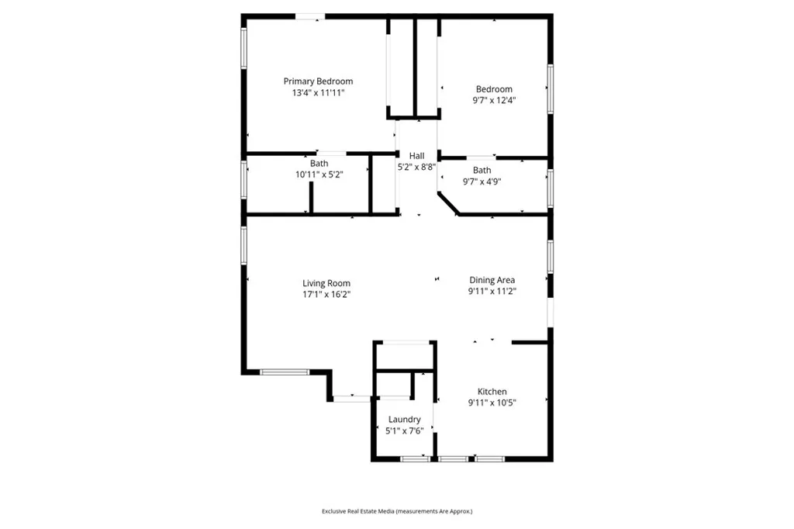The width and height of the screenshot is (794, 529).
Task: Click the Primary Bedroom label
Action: [318, 81]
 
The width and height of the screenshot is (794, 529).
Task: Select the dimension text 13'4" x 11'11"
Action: [318, 92]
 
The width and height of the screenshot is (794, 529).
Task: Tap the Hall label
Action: [417, 156]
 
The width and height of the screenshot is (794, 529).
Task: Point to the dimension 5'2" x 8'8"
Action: [417, 167]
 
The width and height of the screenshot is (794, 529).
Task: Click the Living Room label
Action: [326, 283]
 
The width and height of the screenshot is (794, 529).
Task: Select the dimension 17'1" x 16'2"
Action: [326, 294]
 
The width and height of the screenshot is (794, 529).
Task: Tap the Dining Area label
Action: [492, 280]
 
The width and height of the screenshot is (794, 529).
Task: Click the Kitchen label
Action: [492, 392]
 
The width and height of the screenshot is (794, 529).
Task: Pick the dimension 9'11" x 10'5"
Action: [492, 403]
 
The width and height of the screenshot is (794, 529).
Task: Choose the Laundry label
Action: [404, 420]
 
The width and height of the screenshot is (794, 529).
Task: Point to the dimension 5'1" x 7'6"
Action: [404, 430]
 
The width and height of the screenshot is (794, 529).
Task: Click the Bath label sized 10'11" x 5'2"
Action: [319, 164]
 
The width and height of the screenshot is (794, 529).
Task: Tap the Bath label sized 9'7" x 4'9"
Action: [482, 170]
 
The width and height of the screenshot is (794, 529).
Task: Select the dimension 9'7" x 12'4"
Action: [494, 100]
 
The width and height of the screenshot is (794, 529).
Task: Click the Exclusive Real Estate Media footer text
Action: [397, 511]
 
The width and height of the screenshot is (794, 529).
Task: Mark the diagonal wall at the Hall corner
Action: [448, 204]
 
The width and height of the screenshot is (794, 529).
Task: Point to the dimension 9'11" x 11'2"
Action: [492, 291]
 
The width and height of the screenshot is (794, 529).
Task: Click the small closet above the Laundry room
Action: [404, 356]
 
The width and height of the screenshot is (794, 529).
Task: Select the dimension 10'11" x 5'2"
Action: [319, 175]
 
